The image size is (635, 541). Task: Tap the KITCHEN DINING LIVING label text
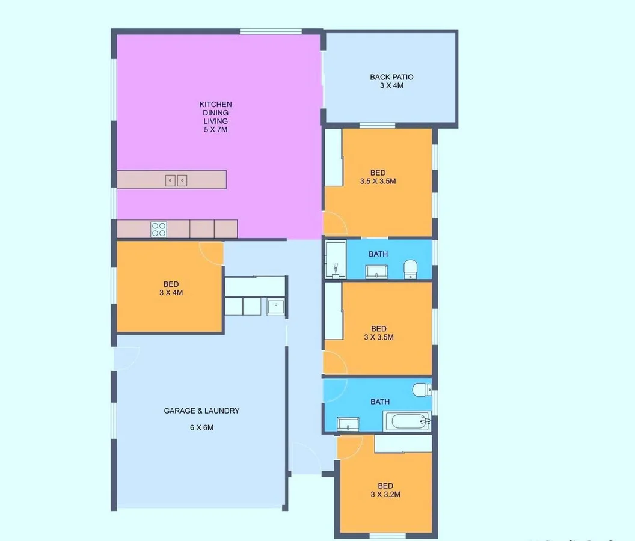point(215,112)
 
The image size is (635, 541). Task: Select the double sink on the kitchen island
point(176,180)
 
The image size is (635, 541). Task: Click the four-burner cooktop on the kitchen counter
point(159,228)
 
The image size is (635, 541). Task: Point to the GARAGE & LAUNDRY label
point(201,411)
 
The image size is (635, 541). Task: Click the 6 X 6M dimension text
point(201,428)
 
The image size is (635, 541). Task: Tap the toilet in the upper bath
point(411,268)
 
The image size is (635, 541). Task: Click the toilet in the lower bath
point(422,390)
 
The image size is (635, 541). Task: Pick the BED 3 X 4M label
point(171,289)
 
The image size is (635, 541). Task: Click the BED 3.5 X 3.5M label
point(378,177)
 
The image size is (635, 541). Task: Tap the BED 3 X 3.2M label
point(385,491)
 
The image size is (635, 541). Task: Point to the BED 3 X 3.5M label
point(378,333)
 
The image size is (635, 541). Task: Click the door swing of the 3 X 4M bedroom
point(212,252)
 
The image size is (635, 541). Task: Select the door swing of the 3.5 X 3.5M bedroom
point(335,224)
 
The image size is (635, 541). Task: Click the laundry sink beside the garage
point(275,307)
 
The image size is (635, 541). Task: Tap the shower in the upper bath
point(336,260)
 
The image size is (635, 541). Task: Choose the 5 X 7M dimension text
point(215,129)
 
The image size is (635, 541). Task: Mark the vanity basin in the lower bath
point(348,424)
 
